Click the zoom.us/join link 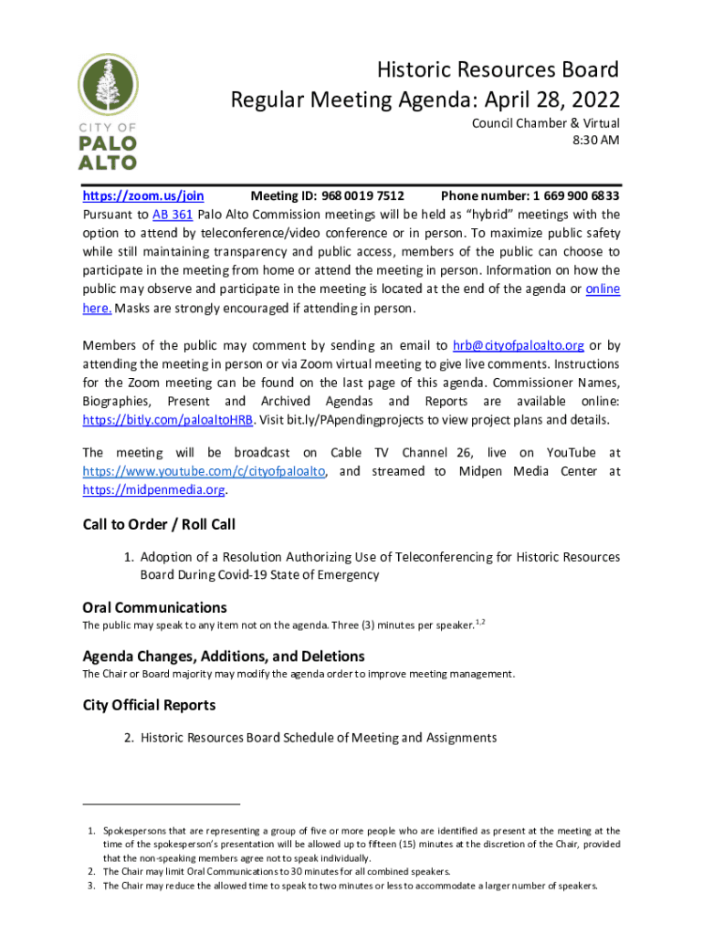coord(143,195)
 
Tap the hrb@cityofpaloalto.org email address coord(519,345)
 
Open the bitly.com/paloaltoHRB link coord(167,420)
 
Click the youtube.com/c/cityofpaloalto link coord(206,471)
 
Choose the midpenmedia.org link coord(153,489)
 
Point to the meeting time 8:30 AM coord(596,141)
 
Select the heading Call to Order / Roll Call coord(159,524)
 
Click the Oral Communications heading coord(154,607)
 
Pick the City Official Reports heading coord(149,705)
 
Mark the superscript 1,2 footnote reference coord(480,622)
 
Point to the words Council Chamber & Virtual coord(545,123)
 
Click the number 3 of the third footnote coord(91,886)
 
